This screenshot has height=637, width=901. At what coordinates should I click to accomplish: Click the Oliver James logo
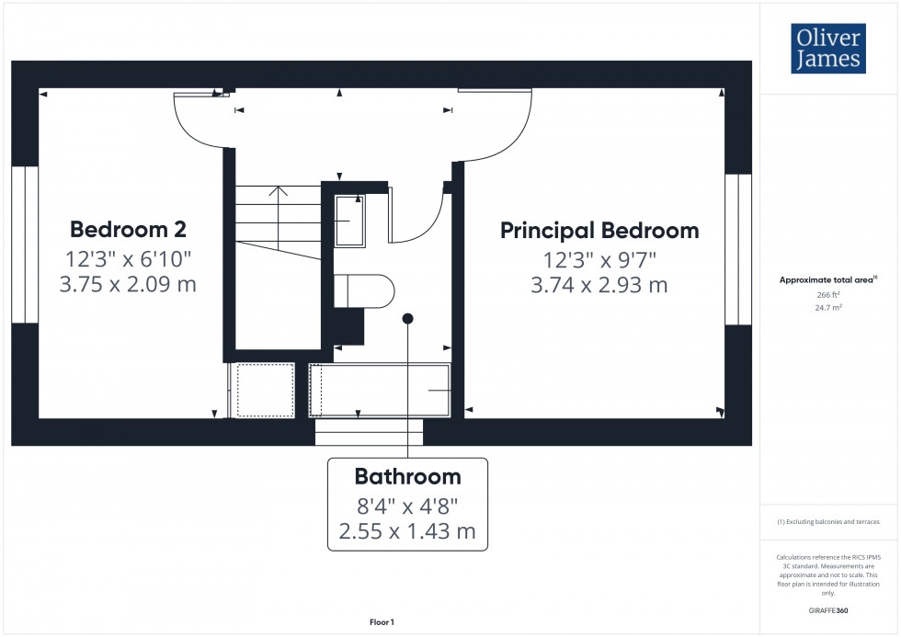point(828,48)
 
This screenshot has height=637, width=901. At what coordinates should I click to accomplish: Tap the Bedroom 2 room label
point(128,229)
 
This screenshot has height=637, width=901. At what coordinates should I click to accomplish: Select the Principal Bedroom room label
point(599,231)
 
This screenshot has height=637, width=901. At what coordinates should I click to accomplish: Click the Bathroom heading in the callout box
point(407,476)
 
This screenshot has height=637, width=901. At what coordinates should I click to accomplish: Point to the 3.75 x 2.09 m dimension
point(128,284)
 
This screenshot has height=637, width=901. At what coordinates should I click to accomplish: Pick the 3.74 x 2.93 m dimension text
point(599,285)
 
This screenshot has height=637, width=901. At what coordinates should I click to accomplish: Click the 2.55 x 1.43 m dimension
point(407,531)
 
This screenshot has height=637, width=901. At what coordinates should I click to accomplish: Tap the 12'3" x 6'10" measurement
point(128,259)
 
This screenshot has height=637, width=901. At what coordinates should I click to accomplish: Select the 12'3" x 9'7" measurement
point(599,260)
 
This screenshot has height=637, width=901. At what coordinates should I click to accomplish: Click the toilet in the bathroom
point(364,291)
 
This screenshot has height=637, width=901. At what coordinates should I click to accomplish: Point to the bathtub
point(379,390)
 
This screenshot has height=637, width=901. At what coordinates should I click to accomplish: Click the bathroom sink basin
point(349,222)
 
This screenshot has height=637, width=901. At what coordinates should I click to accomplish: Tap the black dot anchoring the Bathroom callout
point(407,318)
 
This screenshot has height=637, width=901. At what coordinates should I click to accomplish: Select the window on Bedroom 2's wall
point(25,245)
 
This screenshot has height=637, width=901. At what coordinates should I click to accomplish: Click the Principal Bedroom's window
point(738,249)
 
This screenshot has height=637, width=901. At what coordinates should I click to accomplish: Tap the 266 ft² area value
point(828,295)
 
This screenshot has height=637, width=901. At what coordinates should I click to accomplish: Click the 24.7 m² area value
point(828,308)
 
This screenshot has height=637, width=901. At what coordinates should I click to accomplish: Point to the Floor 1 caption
point(382,622)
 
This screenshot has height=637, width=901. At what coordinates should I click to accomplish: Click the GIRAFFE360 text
point(828,610)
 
